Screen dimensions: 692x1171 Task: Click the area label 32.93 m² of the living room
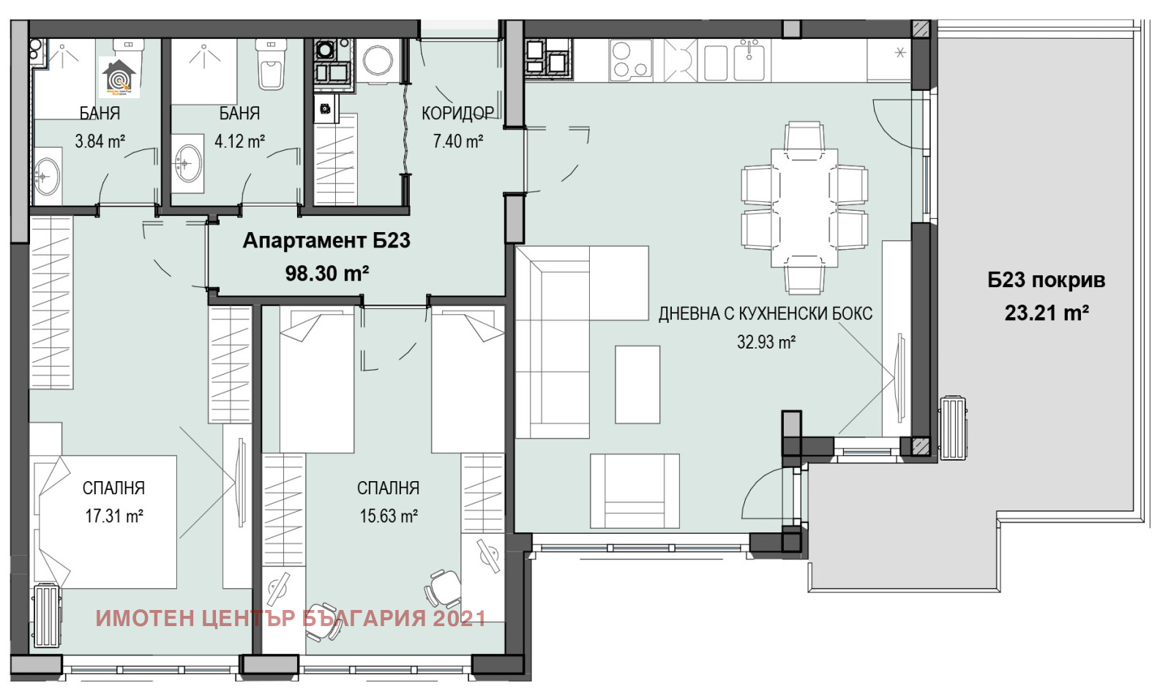click(x=766, y=342)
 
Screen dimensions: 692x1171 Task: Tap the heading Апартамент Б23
click(x=326, y=240)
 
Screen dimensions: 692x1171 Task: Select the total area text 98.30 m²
click(x=326, y=274)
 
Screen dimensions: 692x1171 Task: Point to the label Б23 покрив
click(x=1046, y=280)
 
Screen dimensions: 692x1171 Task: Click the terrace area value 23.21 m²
click(x=1046, y=313)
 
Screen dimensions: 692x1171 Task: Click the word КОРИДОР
click(x=457, y=114)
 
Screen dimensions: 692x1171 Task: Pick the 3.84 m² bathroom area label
click(x=100, y=141)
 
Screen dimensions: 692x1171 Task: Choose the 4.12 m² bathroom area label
click(x=239, y=141)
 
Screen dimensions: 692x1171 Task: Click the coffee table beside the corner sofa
click(x=637, y=384)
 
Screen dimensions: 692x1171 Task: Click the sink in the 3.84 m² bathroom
click(x=47, y=176)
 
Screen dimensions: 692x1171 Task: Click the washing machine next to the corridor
click(x=378, y=62)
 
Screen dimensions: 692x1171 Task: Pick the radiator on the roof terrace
click(x=953, y=428)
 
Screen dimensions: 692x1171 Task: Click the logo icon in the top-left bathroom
click(x=119, y=77)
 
